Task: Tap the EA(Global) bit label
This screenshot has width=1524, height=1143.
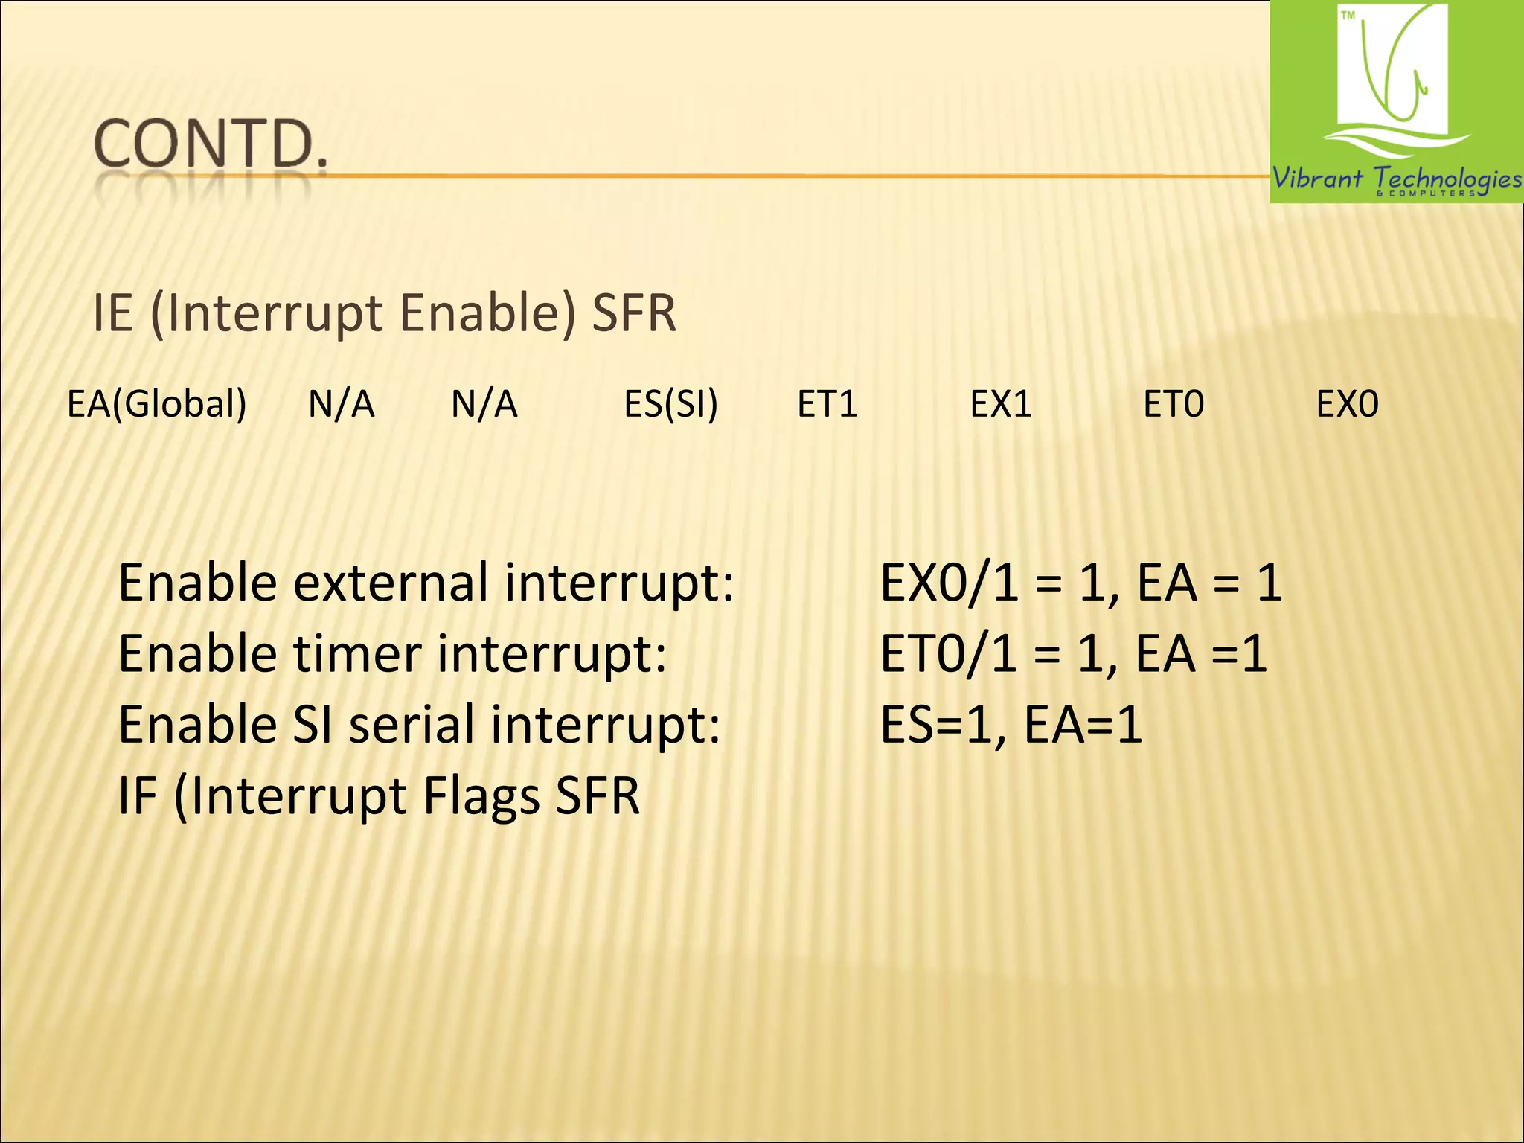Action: [x=156, y=404]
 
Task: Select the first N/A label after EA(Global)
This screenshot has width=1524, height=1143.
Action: [x=341, y=404]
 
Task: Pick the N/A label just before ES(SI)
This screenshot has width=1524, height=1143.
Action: [x=484, y=404]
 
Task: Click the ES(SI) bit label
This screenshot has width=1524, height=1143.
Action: [x=670, y=404]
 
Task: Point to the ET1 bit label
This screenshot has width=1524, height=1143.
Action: [x=827, y=404]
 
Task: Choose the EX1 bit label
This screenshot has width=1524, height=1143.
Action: [x=1001, y=404]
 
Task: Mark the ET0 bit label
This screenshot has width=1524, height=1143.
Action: [x=1174, y=404]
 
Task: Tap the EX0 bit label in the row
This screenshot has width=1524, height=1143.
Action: [x=1347, y=404]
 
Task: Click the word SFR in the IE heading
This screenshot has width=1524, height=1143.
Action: [x=634, y=313]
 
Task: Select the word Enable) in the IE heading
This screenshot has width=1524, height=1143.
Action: [x=487, y=313]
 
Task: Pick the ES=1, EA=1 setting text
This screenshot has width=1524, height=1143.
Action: [x=1011, y=725]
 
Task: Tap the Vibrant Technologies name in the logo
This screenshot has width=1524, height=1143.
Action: [x=1396, y=179]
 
